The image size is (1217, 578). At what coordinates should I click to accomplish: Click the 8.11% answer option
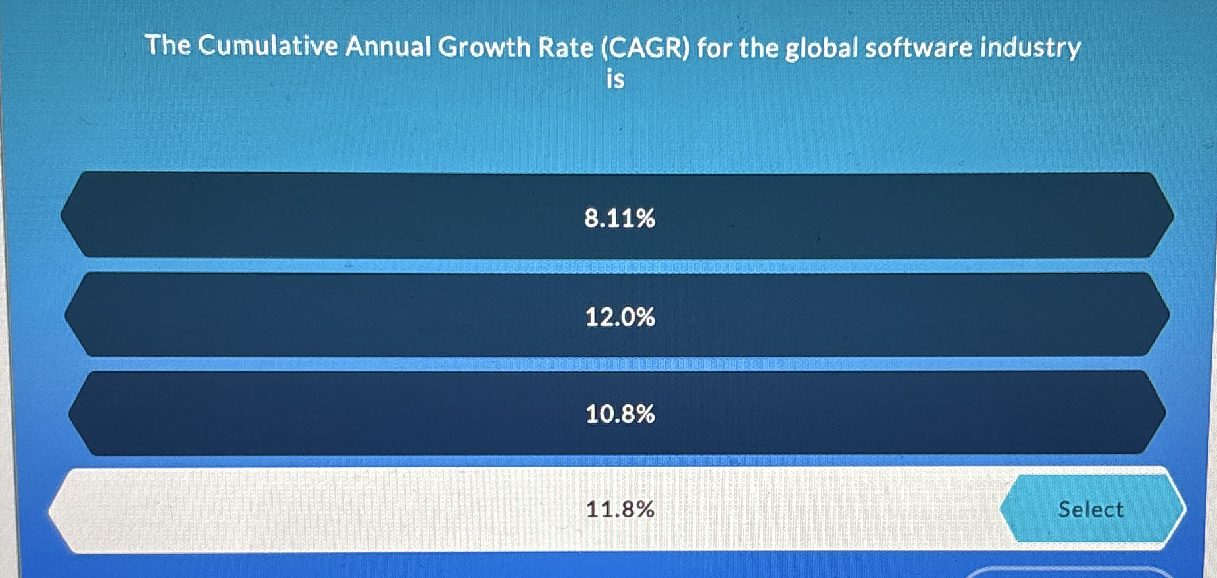click(x=619, y=218)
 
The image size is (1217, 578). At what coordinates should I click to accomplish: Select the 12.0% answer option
click(x=619, y=317)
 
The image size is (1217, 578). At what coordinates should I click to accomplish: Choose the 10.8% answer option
click(x=619, y=414)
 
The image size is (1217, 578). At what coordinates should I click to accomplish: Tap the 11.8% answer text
click(x=619, y=509)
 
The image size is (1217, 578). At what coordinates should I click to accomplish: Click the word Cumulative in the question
click(x=268, y=46)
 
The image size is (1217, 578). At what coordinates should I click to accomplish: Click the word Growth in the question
click(x=484, y=47)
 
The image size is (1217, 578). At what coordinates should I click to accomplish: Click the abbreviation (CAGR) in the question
click(x=645, y=48)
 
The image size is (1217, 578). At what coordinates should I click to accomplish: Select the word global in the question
click(x=822, y=48)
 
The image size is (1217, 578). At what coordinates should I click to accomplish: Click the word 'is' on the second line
click(x=615, y=79)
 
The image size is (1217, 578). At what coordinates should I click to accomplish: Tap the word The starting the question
click(x=168, y=45)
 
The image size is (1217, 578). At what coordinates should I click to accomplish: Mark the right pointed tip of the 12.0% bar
click(x=1168, y=315)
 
